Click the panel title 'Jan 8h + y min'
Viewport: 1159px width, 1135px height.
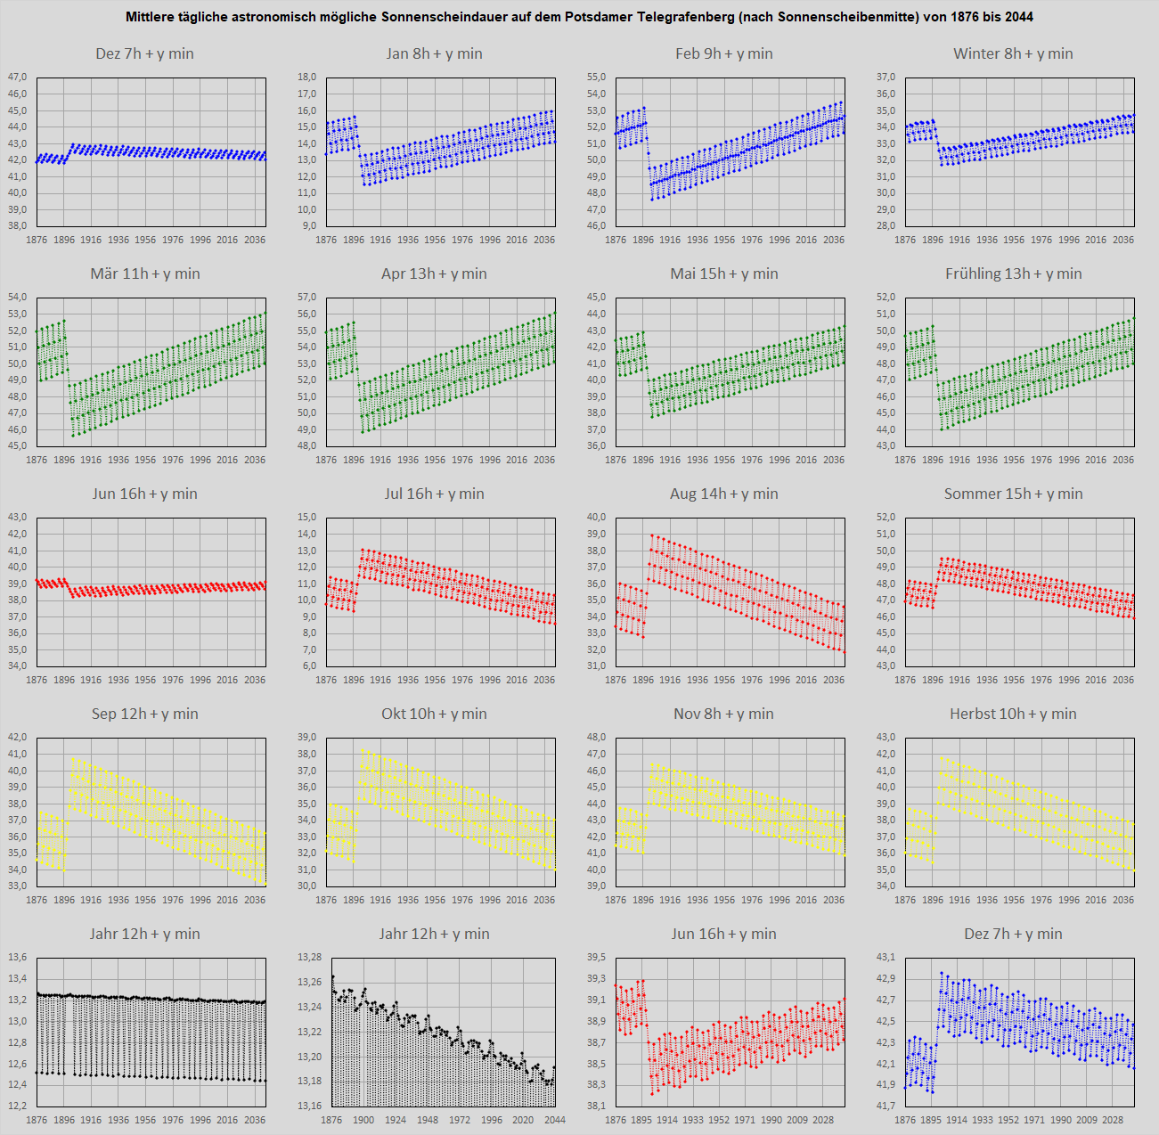click(x=434, y=53)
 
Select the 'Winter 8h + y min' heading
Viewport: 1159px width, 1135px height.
click(x=1013, y=53)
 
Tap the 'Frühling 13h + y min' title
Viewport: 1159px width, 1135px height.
click(x=1013, y=274)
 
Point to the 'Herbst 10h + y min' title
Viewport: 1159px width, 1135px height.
click(x=1013, y=714)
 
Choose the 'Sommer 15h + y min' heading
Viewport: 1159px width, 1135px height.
click(x=1013, y=494)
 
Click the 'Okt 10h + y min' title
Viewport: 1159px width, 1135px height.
click(x=434, y=714)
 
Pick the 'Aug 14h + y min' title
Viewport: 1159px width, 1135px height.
click(x=723, y=494)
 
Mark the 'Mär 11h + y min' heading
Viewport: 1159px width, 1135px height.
click(x=145, y=274)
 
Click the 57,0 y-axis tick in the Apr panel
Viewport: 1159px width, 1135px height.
click(x=306, y=297)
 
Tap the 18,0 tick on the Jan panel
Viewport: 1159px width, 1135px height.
click(x=306, y=78)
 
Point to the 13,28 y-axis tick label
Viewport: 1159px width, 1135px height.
click(x=309, y=957)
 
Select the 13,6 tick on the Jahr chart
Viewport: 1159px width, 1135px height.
click(x=18, y=957)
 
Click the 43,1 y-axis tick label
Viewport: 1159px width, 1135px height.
click(x=886, y=957)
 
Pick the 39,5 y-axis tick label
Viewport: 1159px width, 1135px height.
click(x=596, y=957)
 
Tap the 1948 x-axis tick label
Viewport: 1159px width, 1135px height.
click(x=428, y=1120)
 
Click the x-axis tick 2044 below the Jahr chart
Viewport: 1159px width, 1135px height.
click(x=554, y=1120)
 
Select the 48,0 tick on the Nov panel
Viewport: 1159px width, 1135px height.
click(x=596, y=737)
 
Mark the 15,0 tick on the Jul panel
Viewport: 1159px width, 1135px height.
click(x=306, y=517)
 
